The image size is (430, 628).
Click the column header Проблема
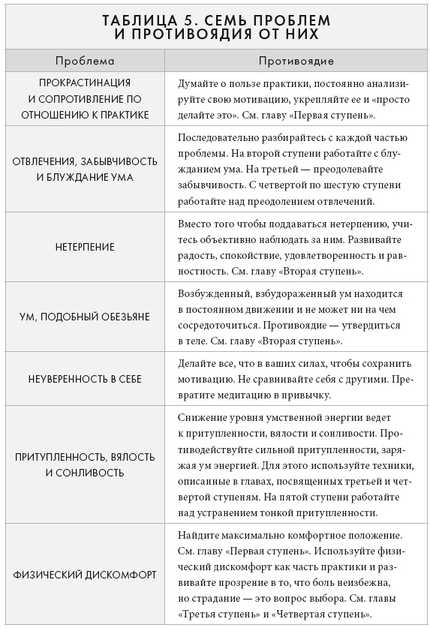point(84,61)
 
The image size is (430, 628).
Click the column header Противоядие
point(296,61)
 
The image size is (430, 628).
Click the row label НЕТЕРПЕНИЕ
point(84,247)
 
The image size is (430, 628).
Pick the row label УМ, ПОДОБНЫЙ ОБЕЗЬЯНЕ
point(84,317)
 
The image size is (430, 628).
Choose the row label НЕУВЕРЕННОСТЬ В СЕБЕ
point(84,380)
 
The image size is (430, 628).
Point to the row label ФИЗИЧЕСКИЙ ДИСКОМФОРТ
point(84,575)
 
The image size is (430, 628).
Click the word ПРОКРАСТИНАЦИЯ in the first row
point(84,83)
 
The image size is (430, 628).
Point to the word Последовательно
point(218,138)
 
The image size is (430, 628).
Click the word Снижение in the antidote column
point(200,417)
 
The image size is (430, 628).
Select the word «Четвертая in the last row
point(299,614)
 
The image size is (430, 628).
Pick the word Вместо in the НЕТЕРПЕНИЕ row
point(195,224)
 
